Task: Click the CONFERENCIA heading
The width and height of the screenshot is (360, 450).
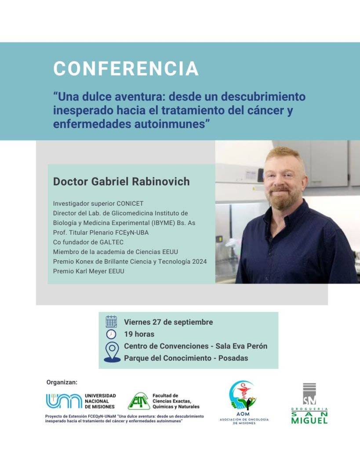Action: tap(126, 69)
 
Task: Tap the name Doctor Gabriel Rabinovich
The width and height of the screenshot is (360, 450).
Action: tap(121, 181)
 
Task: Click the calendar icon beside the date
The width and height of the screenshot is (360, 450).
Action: tap(111, 322)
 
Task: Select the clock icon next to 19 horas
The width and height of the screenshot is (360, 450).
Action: tap(111, 334)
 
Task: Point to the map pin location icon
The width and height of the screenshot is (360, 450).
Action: tap(112, 352)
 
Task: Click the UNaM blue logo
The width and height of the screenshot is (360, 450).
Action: tap(64, 401)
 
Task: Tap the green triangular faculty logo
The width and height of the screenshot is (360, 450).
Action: tap(139, 401)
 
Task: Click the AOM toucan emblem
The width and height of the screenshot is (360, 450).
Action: tap(243, 396)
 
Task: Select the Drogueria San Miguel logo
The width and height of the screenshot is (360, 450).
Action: tap(309, 403)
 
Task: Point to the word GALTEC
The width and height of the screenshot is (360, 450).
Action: tap(111, 242)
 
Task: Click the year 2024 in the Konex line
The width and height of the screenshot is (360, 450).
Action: tap(200, 261)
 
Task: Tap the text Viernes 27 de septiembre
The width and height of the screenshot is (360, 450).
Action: tap(168, 322)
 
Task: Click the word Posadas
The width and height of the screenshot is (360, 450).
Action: tap(233, 358)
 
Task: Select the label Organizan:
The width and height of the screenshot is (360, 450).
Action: tap(62, 382)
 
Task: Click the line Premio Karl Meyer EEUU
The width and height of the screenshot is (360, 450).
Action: tap(89, 271)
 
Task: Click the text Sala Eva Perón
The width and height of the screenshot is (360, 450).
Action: tap(241, 346)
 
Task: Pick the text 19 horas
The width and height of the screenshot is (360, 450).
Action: tap(139, 334)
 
